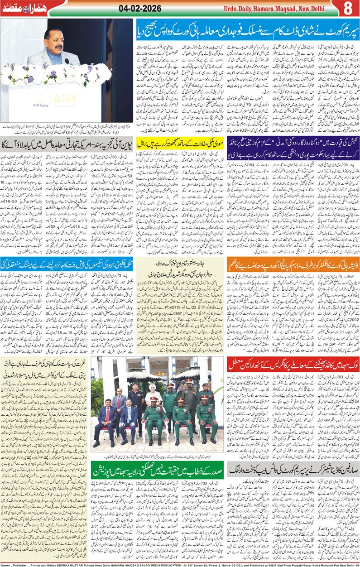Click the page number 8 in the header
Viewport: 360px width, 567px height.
[348, 8]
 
